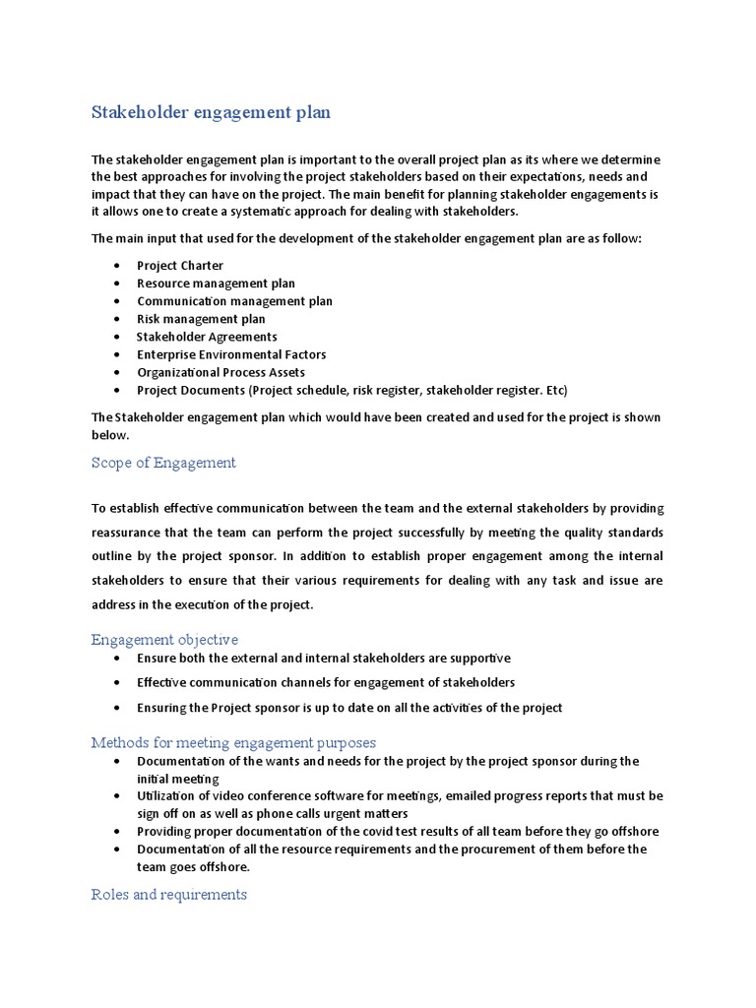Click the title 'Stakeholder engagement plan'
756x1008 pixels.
point(211,112)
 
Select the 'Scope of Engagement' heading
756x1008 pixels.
point(163,463)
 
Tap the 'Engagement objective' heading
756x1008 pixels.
point(164,640)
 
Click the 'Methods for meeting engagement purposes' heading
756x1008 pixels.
point(233,742)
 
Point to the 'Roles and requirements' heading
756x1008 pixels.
point(168,894)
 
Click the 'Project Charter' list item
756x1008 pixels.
point(179,266)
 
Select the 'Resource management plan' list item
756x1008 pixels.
point(216,283)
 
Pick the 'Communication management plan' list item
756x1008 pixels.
point(234,301)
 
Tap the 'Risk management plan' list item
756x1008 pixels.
point(201,319)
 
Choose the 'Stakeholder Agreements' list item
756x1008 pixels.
point(207,337)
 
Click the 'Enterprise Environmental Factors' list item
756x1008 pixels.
point(231,354)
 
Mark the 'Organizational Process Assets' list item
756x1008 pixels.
point(220,372)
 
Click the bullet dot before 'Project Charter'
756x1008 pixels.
point(117,266)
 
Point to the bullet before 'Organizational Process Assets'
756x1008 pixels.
point(117,372)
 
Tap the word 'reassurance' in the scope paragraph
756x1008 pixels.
point(131,534)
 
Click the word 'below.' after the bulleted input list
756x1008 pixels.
point(110,434)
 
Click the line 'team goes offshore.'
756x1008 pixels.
point(194,866)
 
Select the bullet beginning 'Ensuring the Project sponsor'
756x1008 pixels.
point(349,708)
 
